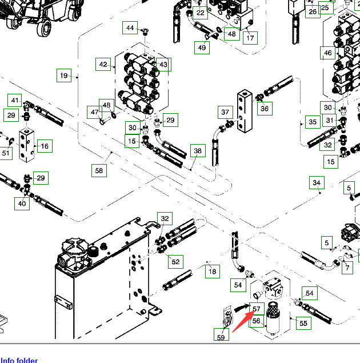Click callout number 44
131,28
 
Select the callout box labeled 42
103,65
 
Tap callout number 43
163,65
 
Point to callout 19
63,75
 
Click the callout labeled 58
99,170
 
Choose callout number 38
198,151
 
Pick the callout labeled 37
225,112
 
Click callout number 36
264,107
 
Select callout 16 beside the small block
44,146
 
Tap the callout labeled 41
15,101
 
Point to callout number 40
22,203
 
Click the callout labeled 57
257,309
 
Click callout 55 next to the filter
303,323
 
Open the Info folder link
19,360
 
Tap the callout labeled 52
175,261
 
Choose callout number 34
317,183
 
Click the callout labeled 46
327,53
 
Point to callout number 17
250,38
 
